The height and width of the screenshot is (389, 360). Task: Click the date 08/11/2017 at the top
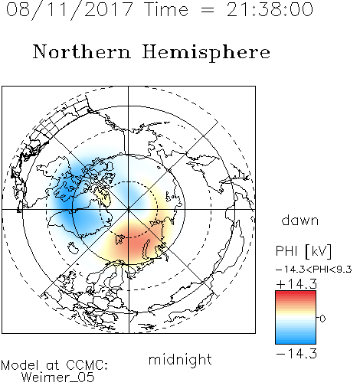click(x=70, y=10)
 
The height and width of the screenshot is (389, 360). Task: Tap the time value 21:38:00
click(x=270, y=9)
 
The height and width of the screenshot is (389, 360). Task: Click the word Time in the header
click(x=166, y=9)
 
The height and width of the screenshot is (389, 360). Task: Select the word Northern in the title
click(x=82, y=51)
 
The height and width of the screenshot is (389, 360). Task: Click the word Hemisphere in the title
click(x=206, y=53)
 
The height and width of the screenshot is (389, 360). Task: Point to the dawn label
click(x=300, y=220)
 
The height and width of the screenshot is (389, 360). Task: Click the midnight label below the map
click(x=180, y=360)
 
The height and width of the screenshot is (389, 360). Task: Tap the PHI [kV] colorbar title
click(x=303, y=251)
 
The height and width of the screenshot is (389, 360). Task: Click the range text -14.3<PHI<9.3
click(x=314, y=270)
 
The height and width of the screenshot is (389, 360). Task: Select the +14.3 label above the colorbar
click(x=296, y=284)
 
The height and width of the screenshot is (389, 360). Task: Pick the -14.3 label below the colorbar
click(x=296, y=354)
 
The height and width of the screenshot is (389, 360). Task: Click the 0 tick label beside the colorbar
click(x=322, y=319)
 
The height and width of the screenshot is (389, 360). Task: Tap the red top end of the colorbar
click(x=296, y=293)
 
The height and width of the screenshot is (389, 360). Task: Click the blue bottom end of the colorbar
click(x=296, y=342)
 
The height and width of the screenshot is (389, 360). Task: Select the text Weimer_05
click(x=57, y=377)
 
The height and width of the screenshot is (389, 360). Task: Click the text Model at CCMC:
click(x=54, y=365)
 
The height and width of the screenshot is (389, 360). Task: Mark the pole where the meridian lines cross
click(x=129, y=210)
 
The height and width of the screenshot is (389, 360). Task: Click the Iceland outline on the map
click(x=74, y=248)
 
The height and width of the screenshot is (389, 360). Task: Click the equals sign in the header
click(x=208, y=10)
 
